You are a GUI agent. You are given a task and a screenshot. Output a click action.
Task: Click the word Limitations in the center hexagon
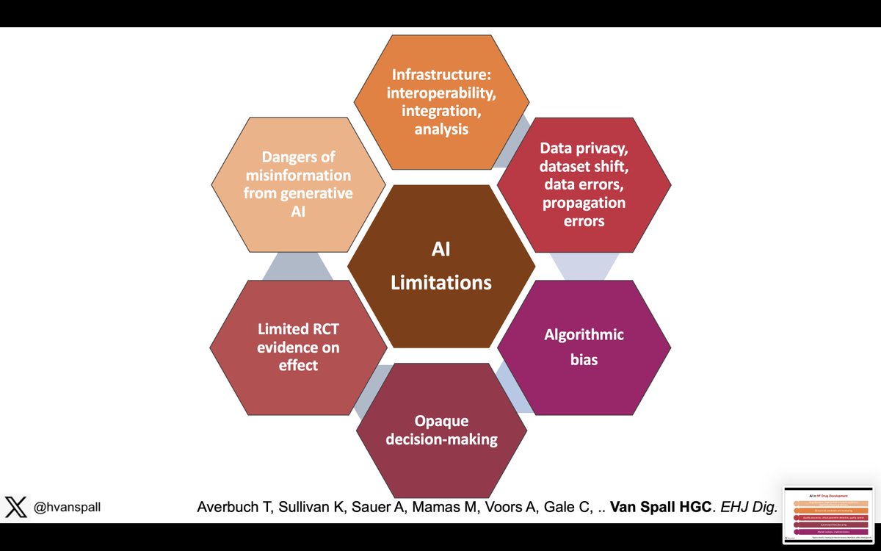pyautogui.click(x=440, y=282)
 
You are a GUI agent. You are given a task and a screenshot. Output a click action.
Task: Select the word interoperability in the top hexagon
pyautogui.click(x=440, y=93)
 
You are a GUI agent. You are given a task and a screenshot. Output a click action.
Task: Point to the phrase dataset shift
pyautogui.click(x=584, y=165)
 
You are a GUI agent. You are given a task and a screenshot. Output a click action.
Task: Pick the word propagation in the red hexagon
pyautogui.click(x=584, y=202)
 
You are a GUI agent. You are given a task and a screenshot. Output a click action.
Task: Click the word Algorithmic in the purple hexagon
pyautogui.click(x=584, y=335)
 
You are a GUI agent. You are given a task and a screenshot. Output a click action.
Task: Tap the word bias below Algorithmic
pyautogui.click(x=584, y=360)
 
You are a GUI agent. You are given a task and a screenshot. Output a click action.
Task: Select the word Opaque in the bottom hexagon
pyautogui.click(x=442, y=422)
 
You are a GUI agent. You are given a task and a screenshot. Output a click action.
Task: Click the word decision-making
pyautogui.click(x=442, y=439)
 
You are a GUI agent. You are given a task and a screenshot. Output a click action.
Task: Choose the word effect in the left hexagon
pyautogui.click(x=298, y=365)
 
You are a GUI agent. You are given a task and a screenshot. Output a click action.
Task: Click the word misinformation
pyautogui.click(x=299, y=176)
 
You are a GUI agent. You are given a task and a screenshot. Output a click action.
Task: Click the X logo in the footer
pyautogui.click(x=15, y=507)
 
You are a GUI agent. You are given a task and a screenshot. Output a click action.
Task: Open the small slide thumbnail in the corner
pyautogui.click(x=828, y=514)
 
